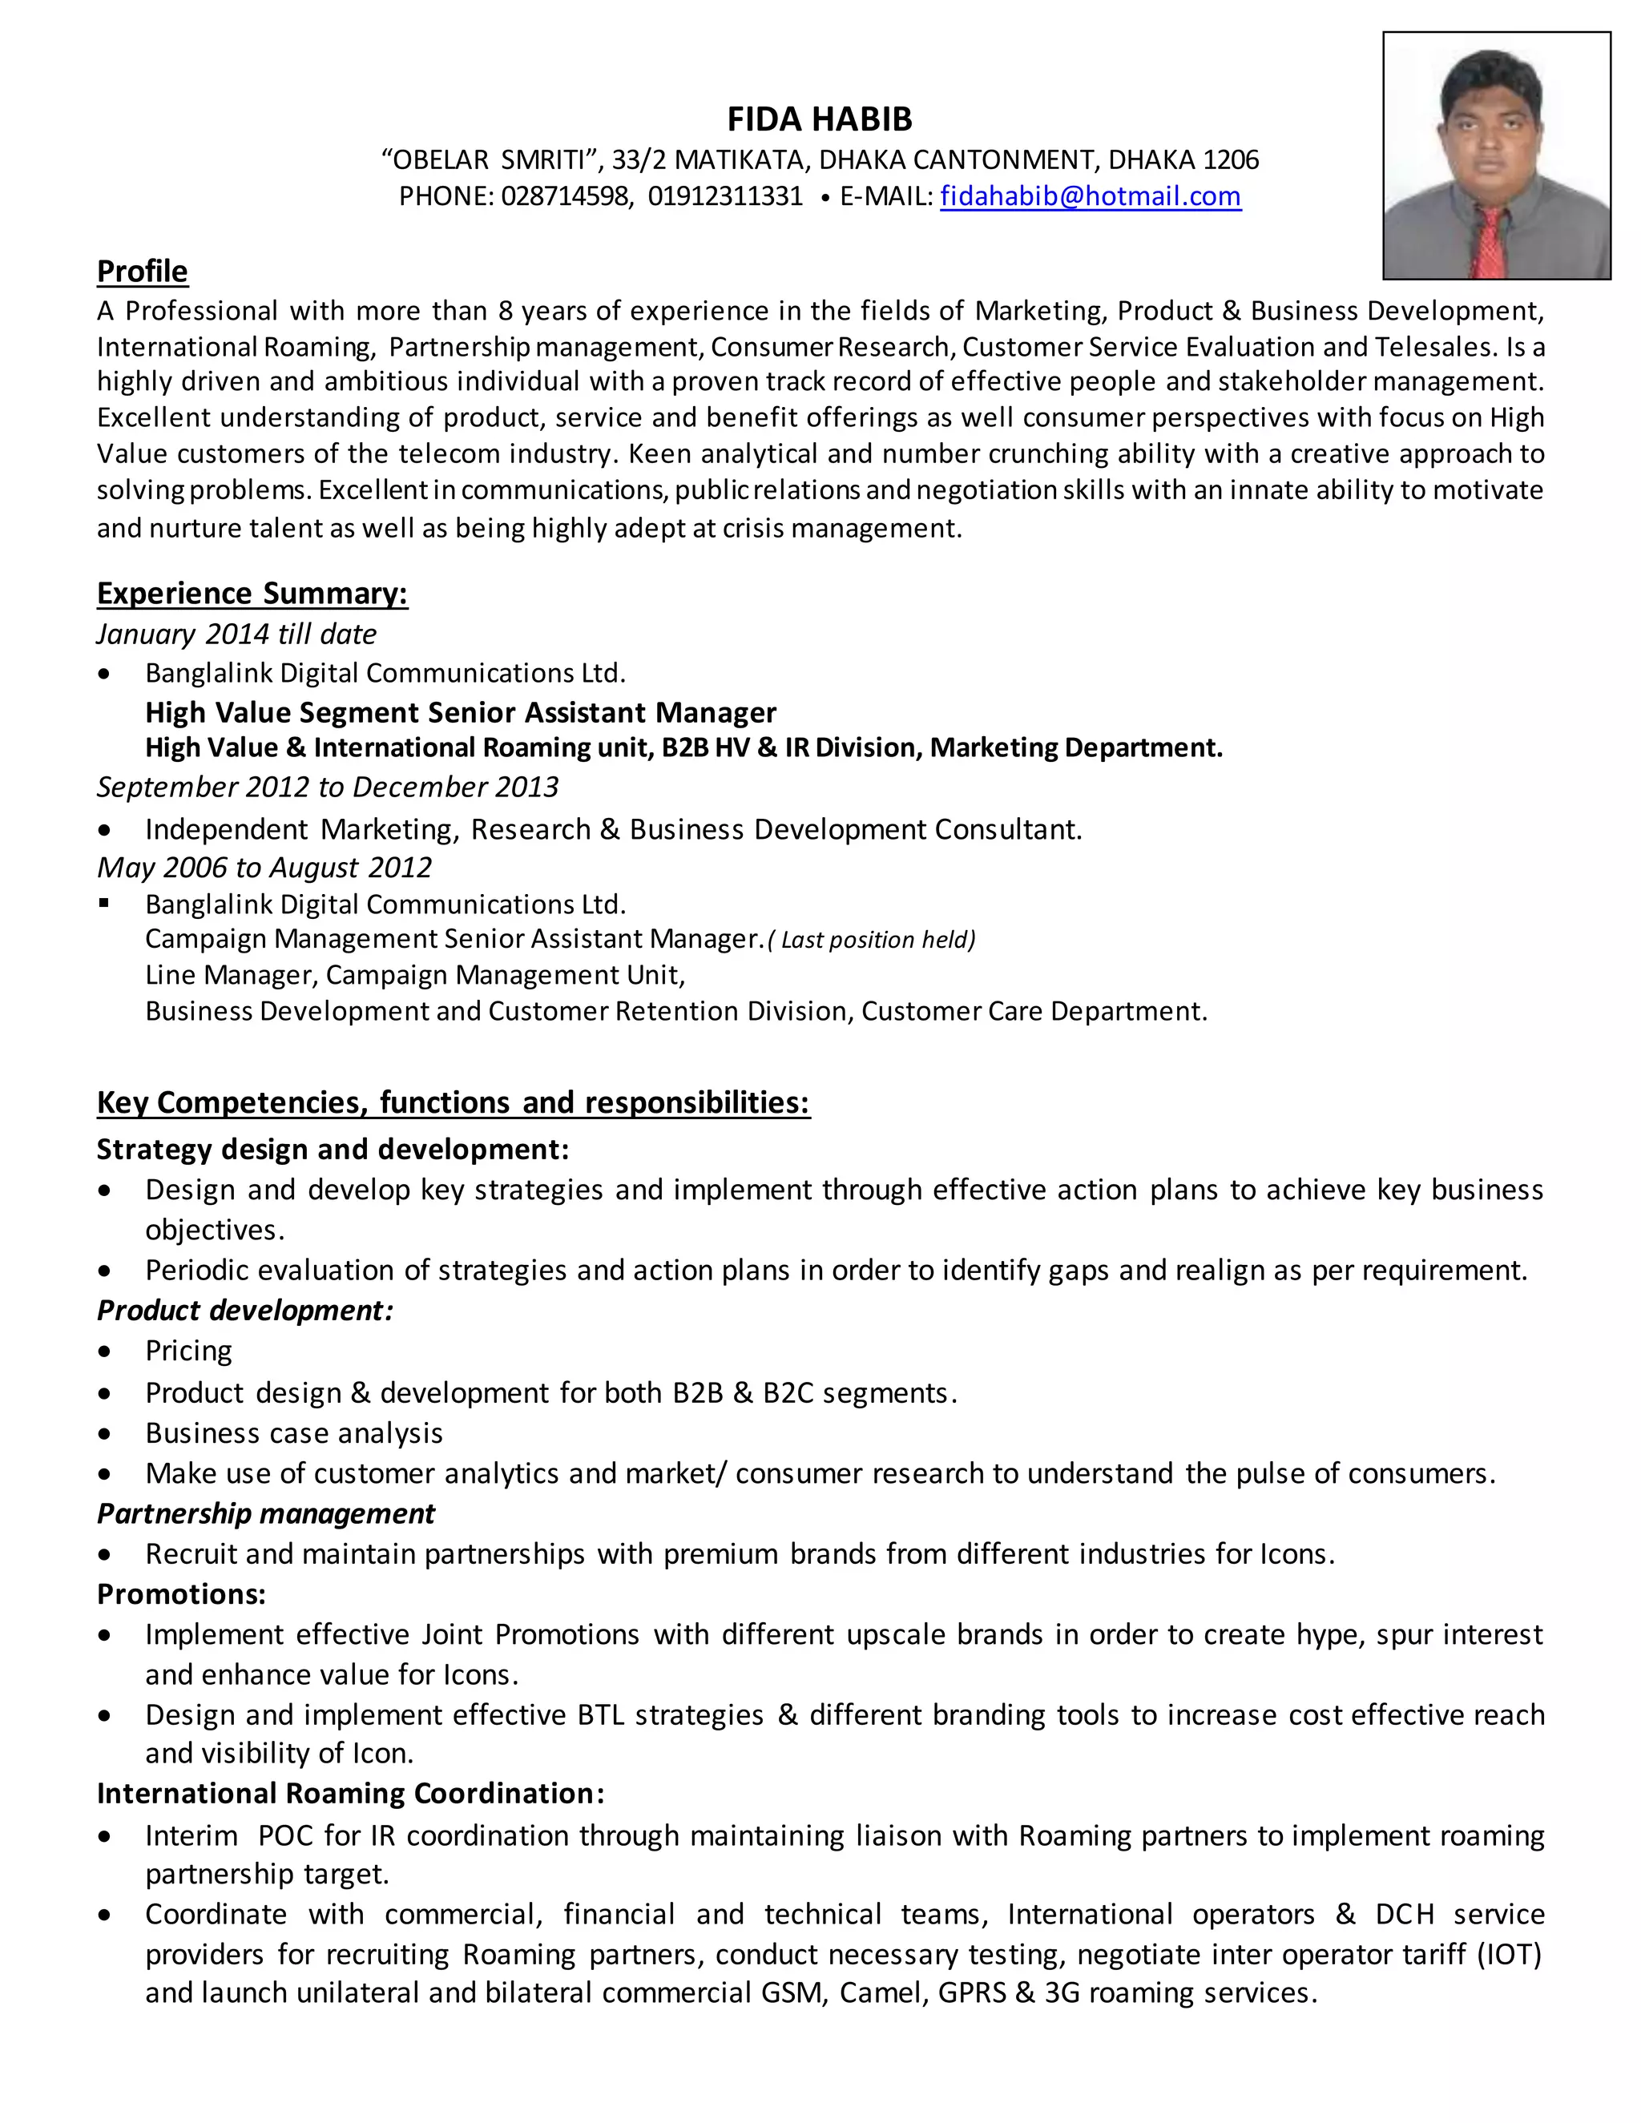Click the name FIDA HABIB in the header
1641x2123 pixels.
[820, 119]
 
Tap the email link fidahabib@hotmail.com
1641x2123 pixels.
[1090, 196]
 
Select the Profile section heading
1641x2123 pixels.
[142, 272]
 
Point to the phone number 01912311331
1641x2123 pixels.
[725, 196]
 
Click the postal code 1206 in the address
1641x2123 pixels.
[1231, 159]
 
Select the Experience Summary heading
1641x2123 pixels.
[252, 593]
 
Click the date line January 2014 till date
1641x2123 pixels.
[236, 634]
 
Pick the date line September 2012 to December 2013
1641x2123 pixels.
[328, 787]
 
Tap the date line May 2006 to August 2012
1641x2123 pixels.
[264, 867]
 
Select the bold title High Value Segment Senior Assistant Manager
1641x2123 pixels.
[461, 712]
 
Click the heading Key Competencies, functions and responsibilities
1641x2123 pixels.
[453, 1102]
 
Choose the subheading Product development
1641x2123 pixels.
[245, 1311]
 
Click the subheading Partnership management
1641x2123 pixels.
[265, 1513]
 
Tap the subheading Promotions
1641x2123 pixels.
[181, 1594]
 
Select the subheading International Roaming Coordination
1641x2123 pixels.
[350, 1794]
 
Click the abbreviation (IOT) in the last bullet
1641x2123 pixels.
[1509, 1954]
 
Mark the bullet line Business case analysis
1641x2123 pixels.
[293, 1433]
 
